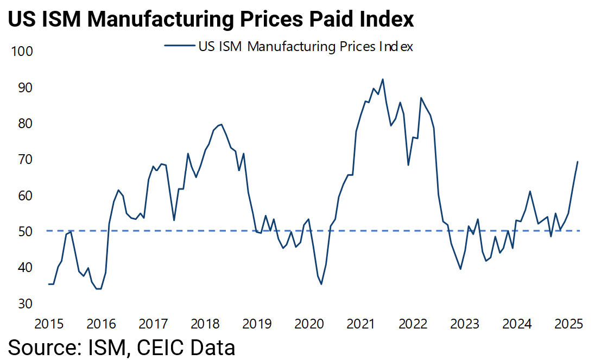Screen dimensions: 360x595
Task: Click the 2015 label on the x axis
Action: [48, 325]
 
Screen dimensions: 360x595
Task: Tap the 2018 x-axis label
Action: [205, 325]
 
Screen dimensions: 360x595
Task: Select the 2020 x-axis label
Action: [309, 325]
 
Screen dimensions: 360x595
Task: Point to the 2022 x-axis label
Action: [414, 325]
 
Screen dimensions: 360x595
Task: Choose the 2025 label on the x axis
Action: [569, 325]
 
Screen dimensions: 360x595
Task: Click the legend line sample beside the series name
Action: [180, 47]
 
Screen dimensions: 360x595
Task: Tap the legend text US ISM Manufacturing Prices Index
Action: [306, 47]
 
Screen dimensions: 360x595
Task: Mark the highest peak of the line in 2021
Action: [383, 79]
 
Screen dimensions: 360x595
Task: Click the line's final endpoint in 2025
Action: [577, 162]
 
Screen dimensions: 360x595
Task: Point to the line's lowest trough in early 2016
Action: [99, 289]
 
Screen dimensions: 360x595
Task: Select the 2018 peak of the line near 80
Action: [221, 124]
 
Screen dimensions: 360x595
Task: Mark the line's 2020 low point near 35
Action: [321, 284]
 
